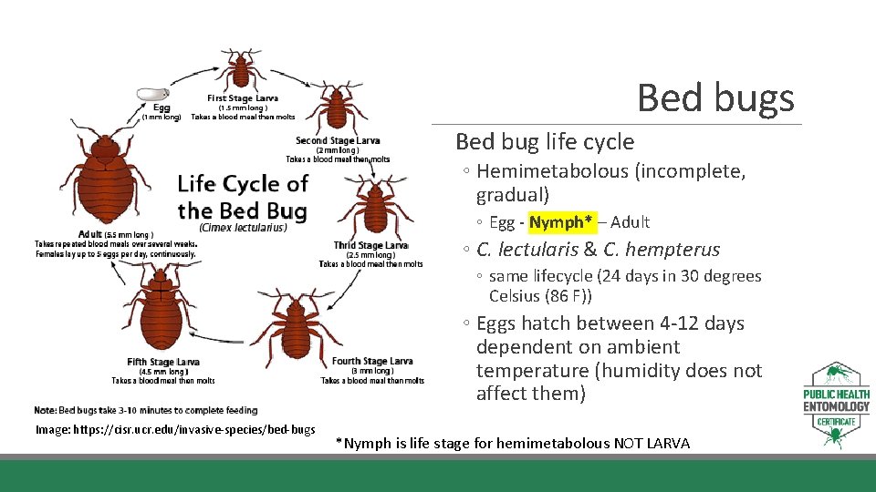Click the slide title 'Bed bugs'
[x=715, y=98]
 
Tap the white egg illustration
[x=152, y=93]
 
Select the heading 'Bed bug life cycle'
[x=544, y=141]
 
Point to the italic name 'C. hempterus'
[x=662, y=250]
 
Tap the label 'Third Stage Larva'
[x=370, y=245]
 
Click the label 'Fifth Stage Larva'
[x=163, y=362]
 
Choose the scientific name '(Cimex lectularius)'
[x=243, y=228]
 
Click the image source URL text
[x=174, y=429]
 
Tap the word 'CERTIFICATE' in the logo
[x=837, y=422]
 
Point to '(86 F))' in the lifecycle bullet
[x=566, y=296]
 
